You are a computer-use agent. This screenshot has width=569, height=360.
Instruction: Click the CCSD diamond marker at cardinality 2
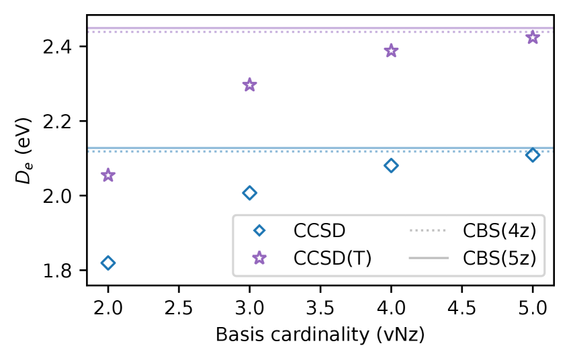pyautogui.click(x=107, y=263)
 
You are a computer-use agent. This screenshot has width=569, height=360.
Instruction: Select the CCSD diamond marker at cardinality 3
pyautogui.click(x=249, y=193)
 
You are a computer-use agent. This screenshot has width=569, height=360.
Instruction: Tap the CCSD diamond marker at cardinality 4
pyautogui.click(x=391, y=165)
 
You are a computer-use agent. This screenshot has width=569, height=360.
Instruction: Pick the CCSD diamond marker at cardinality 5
pyautogui.click(x=533, y=155)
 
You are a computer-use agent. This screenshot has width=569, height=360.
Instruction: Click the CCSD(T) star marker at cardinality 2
pyautogui.click(x=107, y=175)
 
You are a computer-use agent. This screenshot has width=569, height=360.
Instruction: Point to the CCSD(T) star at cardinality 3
pyautogui.click(x=249, y=85)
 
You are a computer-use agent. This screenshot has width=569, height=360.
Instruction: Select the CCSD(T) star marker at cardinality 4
pyautogui.click(x=391, y=51)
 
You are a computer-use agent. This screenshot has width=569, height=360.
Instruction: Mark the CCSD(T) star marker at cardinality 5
pyautogui.click(x=533, y=37)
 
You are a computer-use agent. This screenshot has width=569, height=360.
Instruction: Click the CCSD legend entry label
pyautogui.click(x=319, y=231)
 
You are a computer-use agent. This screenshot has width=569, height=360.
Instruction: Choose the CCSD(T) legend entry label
pyautogui.click(x=332, y=258)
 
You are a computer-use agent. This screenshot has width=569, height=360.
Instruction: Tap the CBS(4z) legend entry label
pyautogui.click(x=499, y=231)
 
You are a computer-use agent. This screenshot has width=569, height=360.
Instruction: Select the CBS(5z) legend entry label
pyautogui.click(x=499, y=258)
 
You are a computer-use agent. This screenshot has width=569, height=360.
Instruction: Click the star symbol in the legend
pyautogui.click(x=259, y=258)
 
